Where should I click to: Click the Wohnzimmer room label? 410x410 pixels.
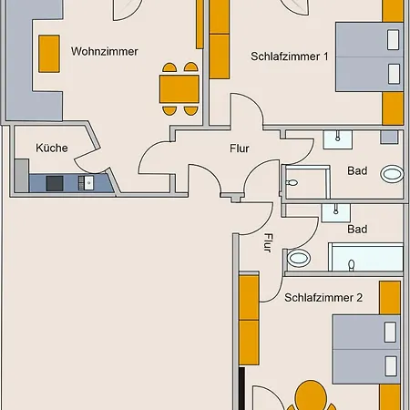point(104,52)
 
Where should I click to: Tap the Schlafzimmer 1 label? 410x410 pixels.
point(289,56)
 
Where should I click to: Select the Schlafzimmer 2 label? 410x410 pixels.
point(323,297)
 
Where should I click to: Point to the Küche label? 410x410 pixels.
point(52,148)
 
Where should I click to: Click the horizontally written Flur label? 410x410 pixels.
point(239,148)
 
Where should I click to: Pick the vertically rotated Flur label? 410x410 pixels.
point(268,244)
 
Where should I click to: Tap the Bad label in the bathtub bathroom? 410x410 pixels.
point(357,229)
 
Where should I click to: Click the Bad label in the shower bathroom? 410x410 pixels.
point(357,170)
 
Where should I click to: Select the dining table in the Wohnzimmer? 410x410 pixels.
point(179,88)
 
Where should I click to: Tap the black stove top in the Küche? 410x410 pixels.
point(55,183)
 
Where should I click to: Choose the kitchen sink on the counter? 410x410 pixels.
point(88,183)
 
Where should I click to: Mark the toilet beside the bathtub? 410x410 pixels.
point(298,259)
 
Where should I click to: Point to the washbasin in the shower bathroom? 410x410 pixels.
point(338,139)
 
